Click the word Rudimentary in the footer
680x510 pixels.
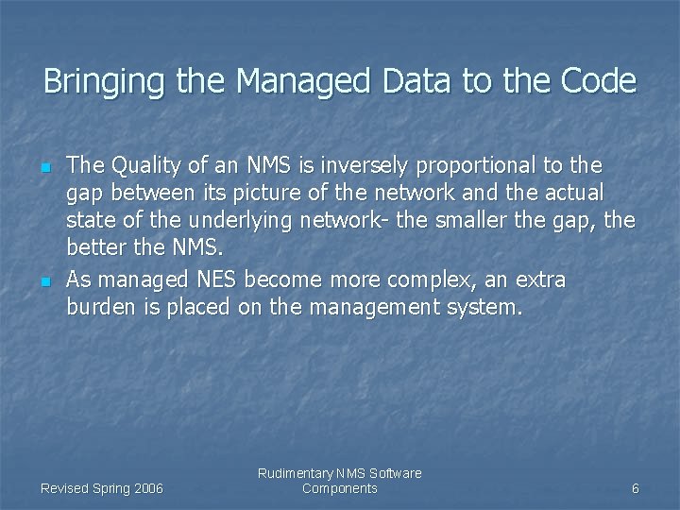coord(296,473)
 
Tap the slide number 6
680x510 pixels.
coord(635,488)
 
